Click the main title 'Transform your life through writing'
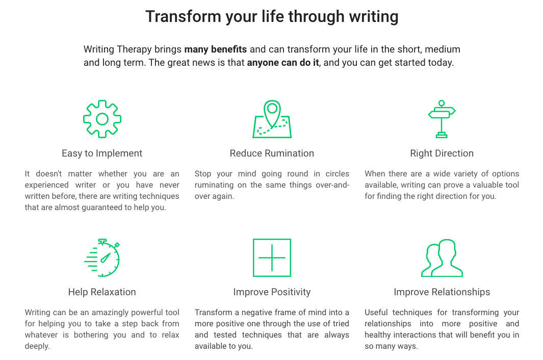[x=272, y=17]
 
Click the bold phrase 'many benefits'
[x=215, y=49]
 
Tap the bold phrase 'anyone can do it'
[x=283, y=62]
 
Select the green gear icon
[x=102, y=119]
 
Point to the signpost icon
[x=442, y=119]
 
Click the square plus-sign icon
[x=272, y=258]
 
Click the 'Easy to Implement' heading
[x=102, y=153]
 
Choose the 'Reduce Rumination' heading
[x=272, y=153]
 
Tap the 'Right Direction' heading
[x=442, y=153]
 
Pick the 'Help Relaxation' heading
[x=102, y=292]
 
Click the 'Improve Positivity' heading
[x=272, y=292]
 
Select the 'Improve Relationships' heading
[x=442, y=292]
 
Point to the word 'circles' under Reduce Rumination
[x=337, y=173]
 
